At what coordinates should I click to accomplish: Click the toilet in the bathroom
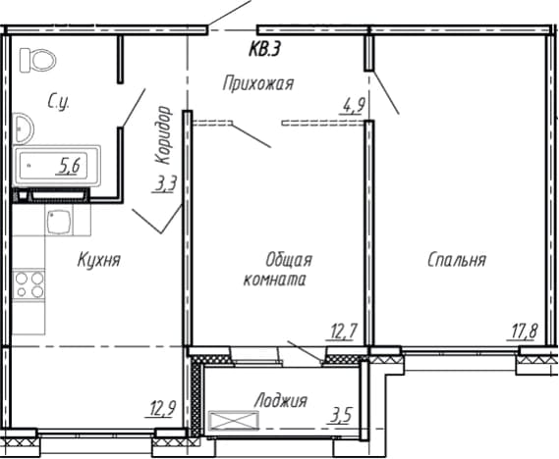(37, 61)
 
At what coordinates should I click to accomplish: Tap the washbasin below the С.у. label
(24, 128)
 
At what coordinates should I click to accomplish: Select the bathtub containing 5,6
(57, 166)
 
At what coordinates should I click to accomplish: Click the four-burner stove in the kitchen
(28, 284)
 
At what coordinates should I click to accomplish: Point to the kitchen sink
(59, 221)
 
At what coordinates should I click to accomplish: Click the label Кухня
(99, 260)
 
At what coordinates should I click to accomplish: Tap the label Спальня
(457, 260)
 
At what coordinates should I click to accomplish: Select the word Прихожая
(258, 84)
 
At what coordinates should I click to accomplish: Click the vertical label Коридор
(164, 134)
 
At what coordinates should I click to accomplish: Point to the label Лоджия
(281, 401)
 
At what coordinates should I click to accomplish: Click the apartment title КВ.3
(263, 49)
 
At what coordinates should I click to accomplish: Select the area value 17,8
(523, 331)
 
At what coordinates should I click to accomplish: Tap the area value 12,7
(342, 331)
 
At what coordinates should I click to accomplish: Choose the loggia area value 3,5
(341, 415)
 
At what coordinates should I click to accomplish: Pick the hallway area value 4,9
(353, 106)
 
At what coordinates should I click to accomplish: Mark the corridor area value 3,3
(164, 184)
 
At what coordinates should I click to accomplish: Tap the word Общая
(289, 261)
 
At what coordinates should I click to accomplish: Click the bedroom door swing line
(386, 92)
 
